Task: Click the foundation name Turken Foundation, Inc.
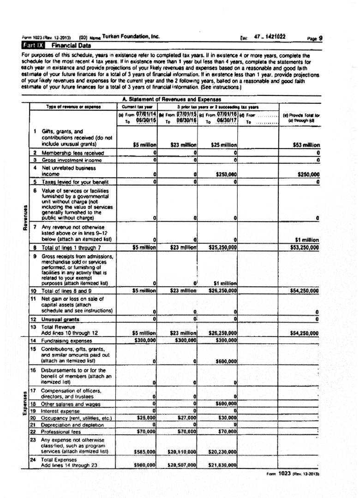click(x=131, y=36)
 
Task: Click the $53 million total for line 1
click(x=306, y=145)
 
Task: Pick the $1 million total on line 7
click(x=307, y=240)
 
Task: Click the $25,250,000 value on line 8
click(x=222, y=247)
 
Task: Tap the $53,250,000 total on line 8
click(x=304, y=247)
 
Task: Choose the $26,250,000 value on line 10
click(x=222, y=291)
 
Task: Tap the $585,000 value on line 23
click(x=145, y=452)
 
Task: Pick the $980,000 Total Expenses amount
click(x=145, y=465)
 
